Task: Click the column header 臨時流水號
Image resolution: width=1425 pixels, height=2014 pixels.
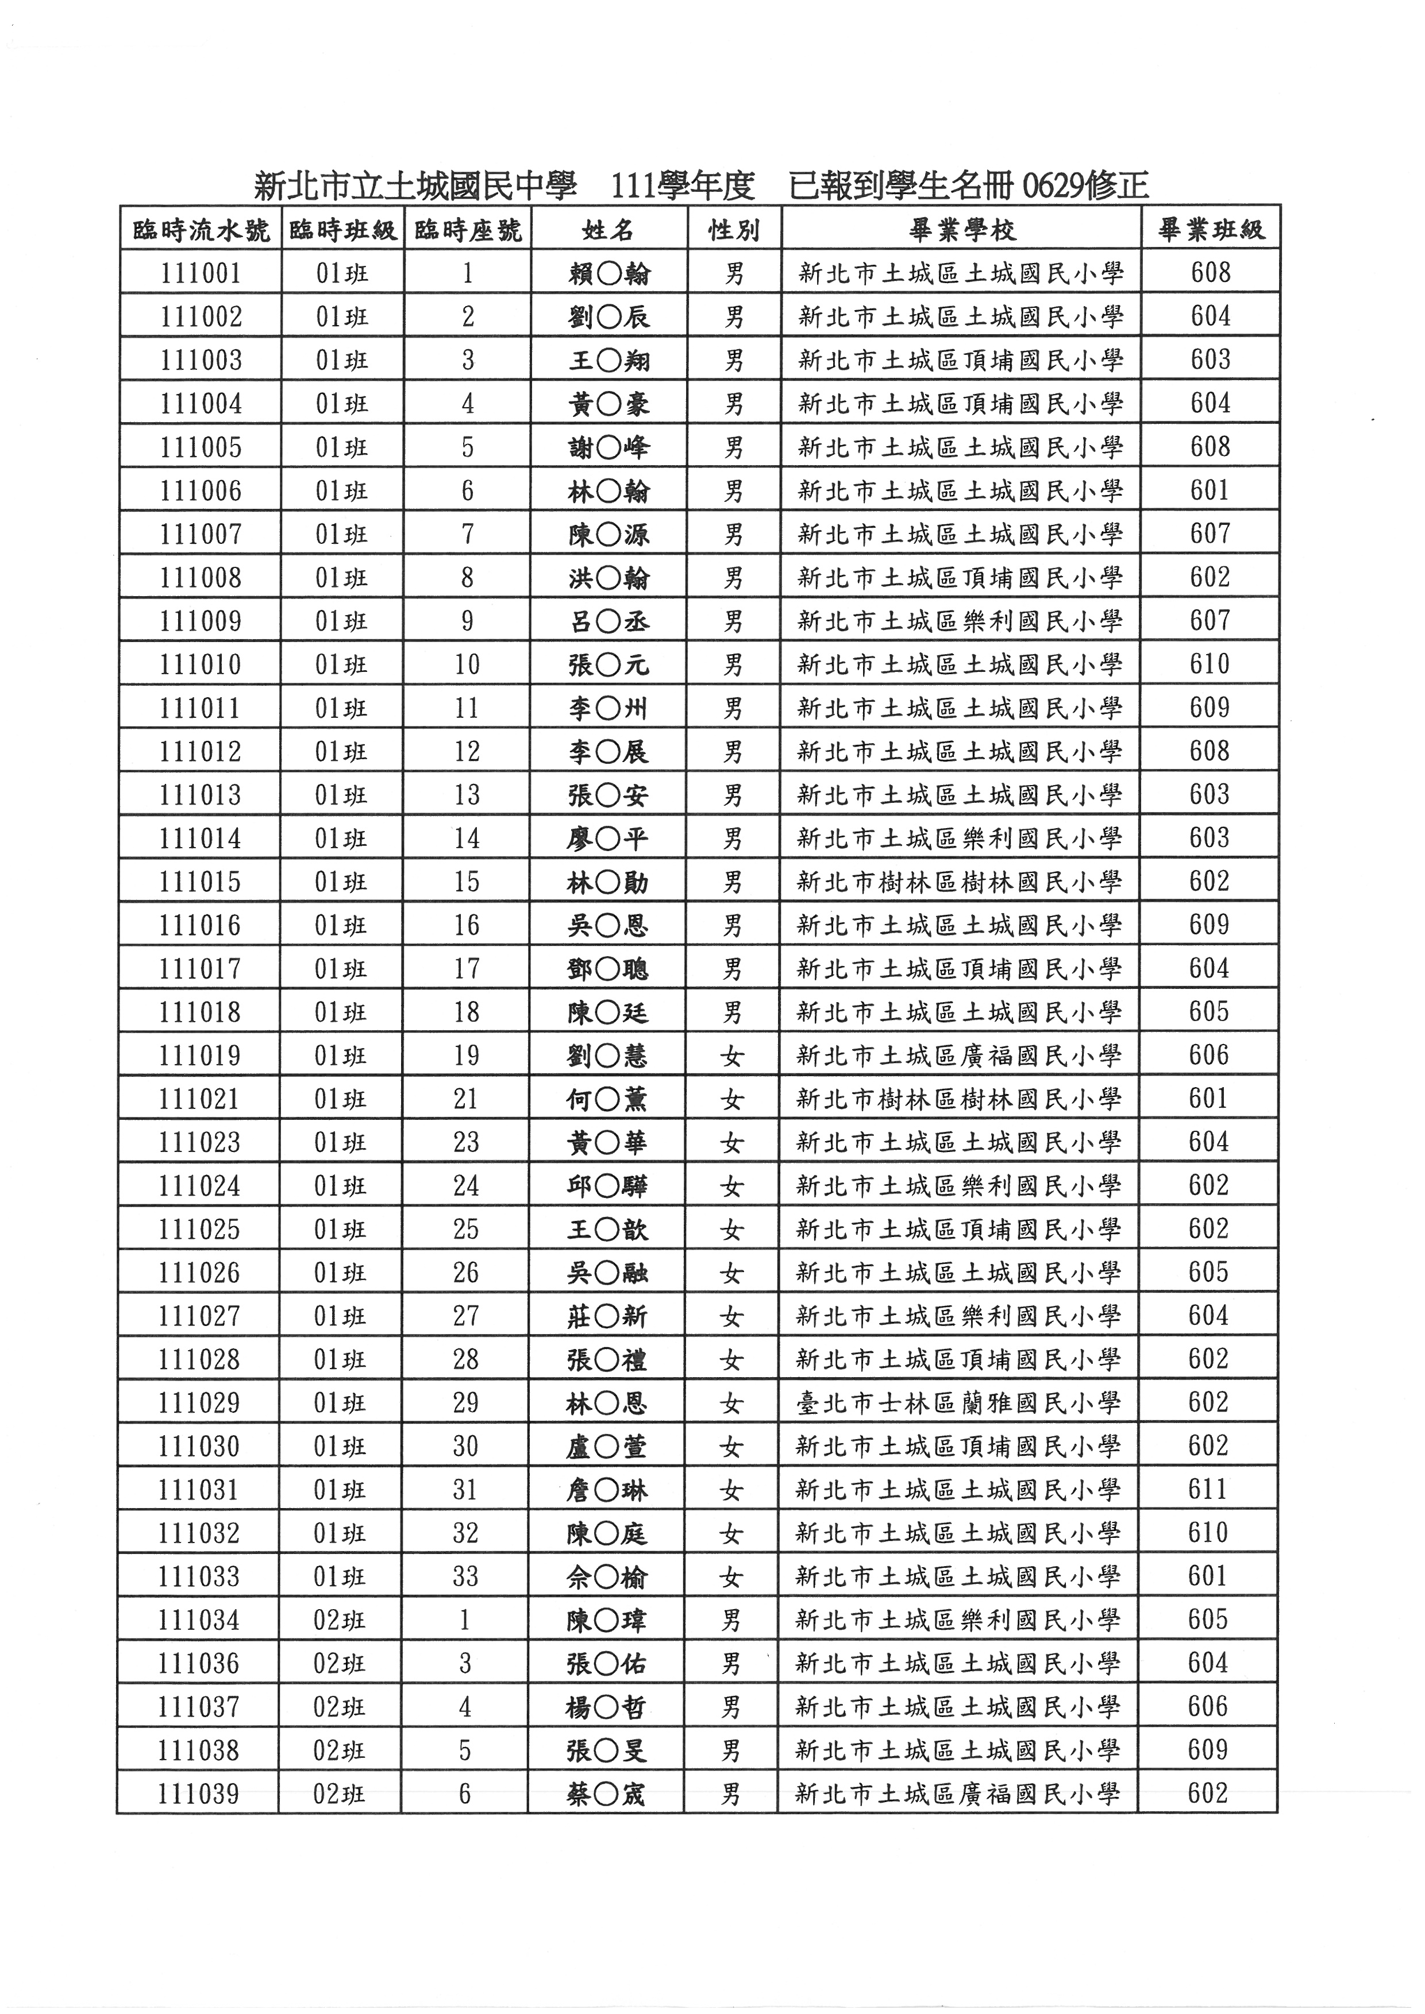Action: coord(201,231)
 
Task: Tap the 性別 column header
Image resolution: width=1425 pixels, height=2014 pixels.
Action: coord(734,231)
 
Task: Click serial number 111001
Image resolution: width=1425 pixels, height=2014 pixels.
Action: coord(201,274)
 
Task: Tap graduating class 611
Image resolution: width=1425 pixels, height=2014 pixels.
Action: coord(1208,1490)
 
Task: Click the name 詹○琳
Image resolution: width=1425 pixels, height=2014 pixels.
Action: coord(607,1490)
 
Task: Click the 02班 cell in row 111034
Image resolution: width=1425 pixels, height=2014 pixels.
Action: coord(340,1620)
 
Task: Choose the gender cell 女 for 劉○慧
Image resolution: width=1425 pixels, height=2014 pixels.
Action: coord(732,1056)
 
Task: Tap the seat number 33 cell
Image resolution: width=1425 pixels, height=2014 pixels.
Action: coord(465,1577)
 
